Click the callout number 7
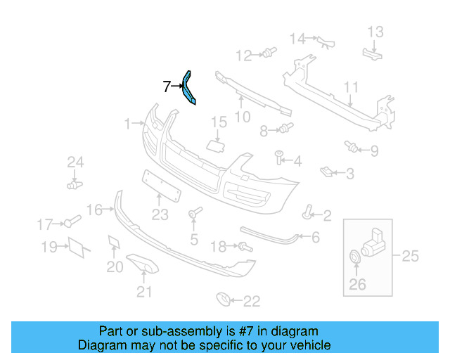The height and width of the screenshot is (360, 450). (x=167, y=87)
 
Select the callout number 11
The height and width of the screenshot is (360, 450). (x=351, y=88)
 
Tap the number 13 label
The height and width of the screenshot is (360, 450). (x=375, y=32)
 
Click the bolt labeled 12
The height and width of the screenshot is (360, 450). (x=267, y=53)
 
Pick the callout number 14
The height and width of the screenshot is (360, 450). (x=299, y=38)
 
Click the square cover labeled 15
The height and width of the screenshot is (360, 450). (x=214, y=144)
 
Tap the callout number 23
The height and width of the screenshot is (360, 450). (x=160, y=215)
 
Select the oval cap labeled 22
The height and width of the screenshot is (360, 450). (x=222, y=300)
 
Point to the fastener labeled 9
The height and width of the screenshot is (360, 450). (x=351, y=146)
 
